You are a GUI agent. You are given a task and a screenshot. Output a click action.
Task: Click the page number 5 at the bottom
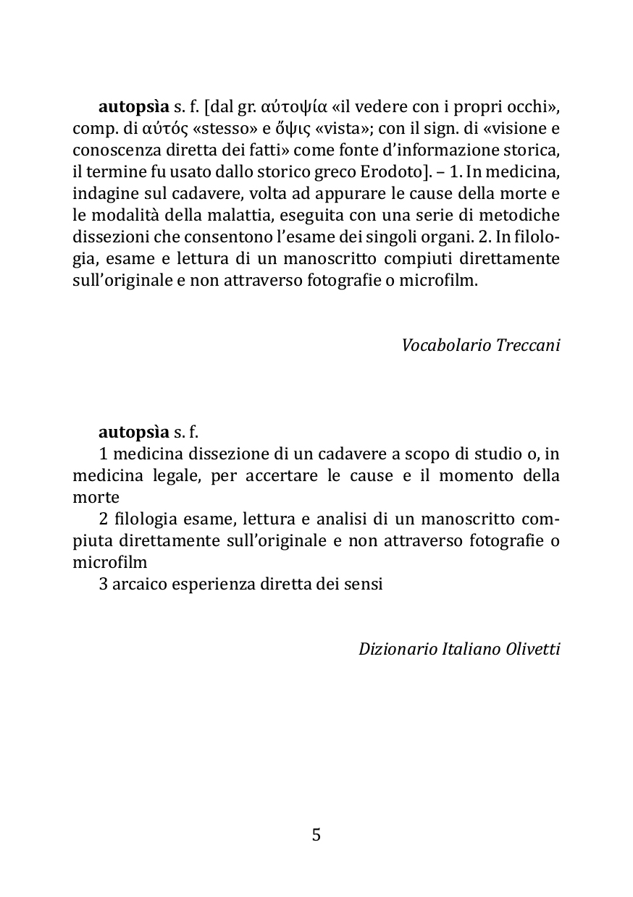click(x=316, y=836)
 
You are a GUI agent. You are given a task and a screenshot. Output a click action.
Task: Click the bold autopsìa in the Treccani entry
click(x=133, y=107)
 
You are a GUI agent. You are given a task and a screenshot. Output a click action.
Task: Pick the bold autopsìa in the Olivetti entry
click(x=133, y=433)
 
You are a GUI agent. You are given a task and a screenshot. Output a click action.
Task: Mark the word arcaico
click(x=139, y=584)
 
